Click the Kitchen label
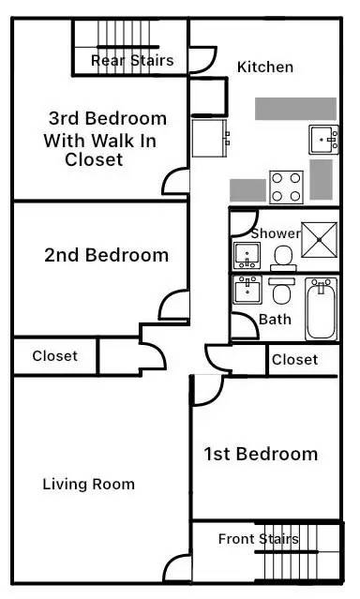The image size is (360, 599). (x=265, y=67)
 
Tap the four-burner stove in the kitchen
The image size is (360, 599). (x=286, y=186)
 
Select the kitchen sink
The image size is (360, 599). (x=323, y=139)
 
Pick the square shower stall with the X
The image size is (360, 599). (x=320, y=240)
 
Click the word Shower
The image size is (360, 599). (x=276, y=232)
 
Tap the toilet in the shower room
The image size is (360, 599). (x=284, y=254)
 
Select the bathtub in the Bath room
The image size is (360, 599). (x=321, y=308)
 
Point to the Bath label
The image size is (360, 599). (x=275, y=320)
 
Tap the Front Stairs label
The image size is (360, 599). (x=258, y=539)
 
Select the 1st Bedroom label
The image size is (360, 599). (x=261, y=455)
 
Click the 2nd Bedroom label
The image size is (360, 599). (x=106, y=255)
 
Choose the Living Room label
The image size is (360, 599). (x=89, y=485)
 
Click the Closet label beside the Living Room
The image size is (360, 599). (x=54, y=356)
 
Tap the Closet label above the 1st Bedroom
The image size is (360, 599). (x=294, y=359)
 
